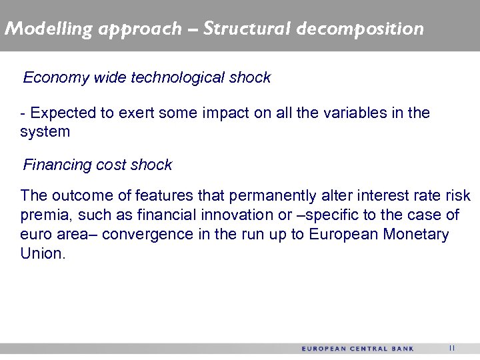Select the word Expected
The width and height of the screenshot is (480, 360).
(63, 113)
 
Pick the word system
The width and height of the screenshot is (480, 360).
(45, 132)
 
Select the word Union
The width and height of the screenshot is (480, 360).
(43, 254)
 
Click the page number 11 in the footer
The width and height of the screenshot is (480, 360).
(451, 348)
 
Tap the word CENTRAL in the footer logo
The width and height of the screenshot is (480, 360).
(369, 349)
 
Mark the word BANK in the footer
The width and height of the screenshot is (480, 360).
(403, 349)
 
